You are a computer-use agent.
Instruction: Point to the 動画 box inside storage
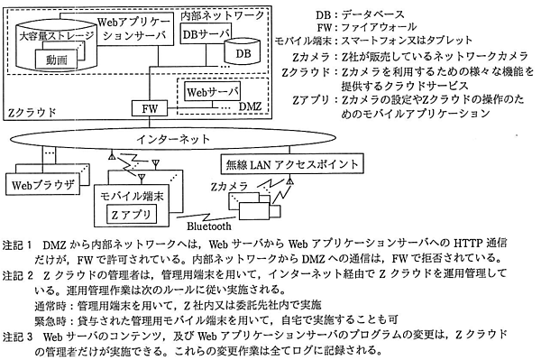[56, 60]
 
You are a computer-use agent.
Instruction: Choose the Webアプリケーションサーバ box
[131, 27]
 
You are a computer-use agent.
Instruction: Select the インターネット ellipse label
[174, 141]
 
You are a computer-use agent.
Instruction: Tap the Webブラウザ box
[40, 187]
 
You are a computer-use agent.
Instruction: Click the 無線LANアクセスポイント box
[294, 166]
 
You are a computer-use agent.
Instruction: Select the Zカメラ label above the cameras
[225, 186]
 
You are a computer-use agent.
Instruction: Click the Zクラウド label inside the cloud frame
[33, 114]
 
